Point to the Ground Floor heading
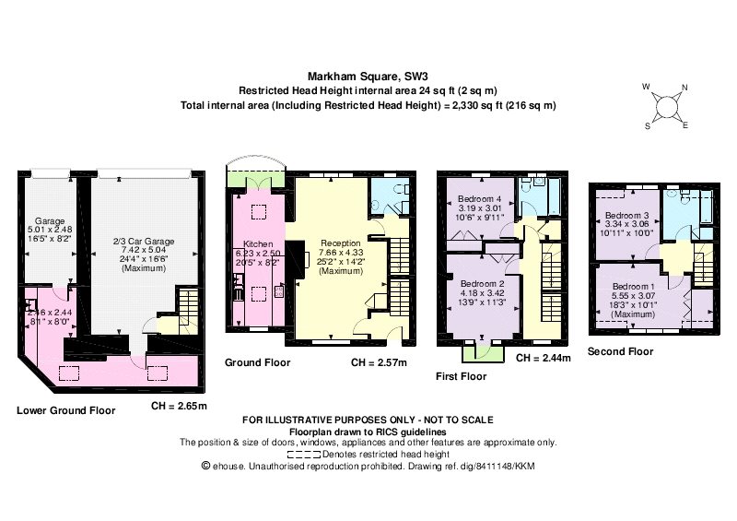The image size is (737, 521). point(258,362)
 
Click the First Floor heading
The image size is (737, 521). point(461,376)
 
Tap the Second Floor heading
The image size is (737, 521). point(620,351)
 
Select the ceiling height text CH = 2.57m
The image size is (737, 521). point(379,362)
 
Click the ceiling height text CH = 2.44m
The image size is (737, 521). point(544,358)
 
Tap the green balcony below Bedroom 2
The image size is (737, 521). point(483,350)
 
